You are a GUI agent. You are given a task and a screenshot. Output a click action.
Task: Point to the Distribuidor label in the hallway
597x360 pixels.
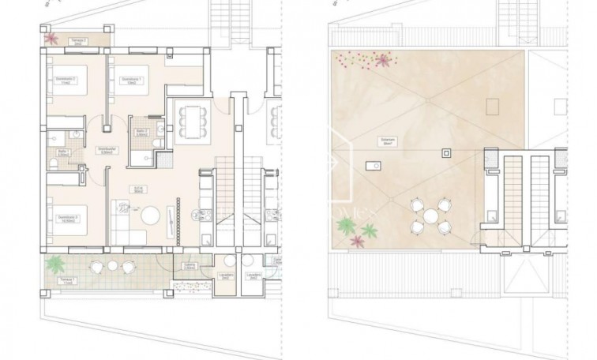pyautogui.click(x=107, y=149)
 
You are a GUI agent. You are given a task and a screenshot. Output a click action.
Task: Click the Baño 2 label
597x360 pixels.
pyautogui.click(x=142, y=133)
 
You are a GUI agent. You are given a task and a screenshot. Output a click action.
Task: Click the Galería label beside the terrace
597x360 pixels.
pyautogui.click(x=189, y=266)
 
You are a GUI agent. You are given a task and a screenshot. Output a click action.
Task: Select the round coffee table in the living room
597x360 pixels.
pyautogui.click(x=150, y=215)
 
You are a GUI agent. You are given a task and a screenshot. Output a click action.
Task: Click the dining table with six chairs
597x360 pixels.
pyautogui.click(x=189, y=122)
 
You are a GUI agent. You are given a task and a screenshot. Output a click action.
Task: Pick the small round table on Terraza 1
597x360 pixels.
pyautogui.click(x=112, y=266)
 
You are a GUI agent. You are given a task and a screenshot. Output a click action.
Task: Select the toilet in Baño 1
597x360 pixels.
pyautogui.click(x=53, y=162)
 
